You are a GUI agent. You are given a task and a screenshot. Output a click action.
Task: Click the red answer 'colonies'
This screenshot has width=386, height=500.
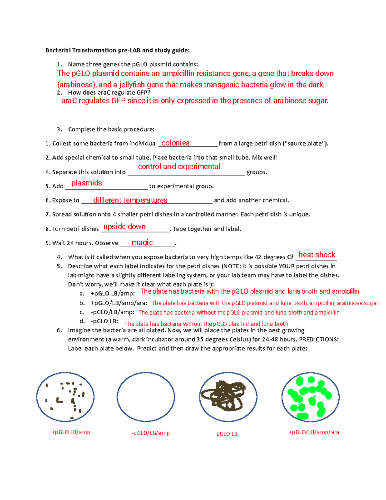175,143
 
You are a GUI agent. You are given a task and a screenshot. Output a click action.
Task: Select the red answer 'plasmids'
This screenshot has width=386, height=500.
87,183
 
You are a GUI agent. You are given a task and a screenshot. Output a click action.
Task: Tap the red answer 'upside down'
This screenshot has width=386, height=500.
124,227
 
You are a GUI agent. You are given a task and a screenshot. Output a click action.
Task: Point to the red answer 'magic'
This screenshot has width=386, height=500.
142,242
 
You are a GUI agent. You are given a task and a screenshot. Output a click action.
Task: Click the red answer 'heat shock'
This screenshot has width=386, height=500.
317,255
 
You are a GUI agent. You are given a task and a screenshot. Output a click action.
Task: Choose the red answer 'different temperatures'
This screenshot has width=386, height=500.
130,200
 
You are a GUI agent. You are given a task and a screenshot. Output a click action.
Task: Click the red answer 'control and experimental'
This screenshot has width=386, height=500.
179,166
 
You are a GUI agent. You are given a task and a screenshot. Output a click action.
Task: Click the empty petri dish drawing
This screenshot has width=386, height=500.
146,397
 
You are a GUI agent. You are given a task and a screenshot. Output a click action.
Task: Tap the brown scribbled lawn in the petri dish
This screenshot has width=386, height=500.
228,396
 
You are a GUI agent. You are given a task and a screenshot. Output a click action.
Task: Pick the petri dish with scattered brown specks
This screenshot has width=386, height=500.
65,397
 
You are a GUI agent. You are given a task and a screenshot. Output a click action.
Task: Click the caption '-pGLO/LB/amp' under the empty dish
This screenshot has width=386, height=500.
151,433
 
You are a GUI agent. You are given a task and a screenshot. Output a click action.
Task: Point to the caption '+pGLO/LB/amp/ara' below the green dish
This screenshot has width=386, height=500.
314,432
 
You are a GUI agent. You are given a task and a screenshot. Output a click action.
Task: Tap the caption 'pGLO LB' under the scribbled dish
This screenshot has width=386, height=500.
227,434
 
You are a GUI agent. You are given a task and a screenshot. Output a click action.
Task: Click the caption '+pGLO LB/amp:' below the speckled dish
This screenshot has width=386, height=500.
71,432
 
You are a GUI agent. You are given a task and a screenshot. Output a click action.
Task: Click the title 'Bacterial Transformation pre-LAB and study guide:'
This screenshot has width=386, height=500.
117,50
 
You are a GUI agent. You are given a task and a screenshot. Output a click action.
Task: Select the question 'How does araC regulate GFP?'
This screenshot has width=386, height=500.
109,93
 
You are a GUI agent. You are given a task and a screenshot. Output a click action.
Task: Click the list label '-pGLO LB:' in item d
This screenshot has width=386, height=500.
105,321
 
